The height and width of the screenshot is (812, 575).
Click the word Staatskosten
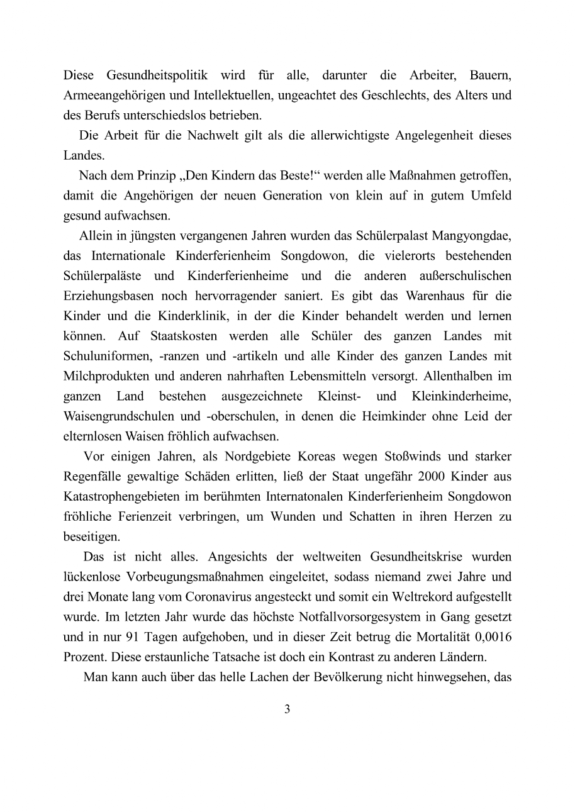point(182,336)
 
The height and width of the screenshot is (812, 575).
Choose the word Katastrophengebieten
point(120,496)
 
